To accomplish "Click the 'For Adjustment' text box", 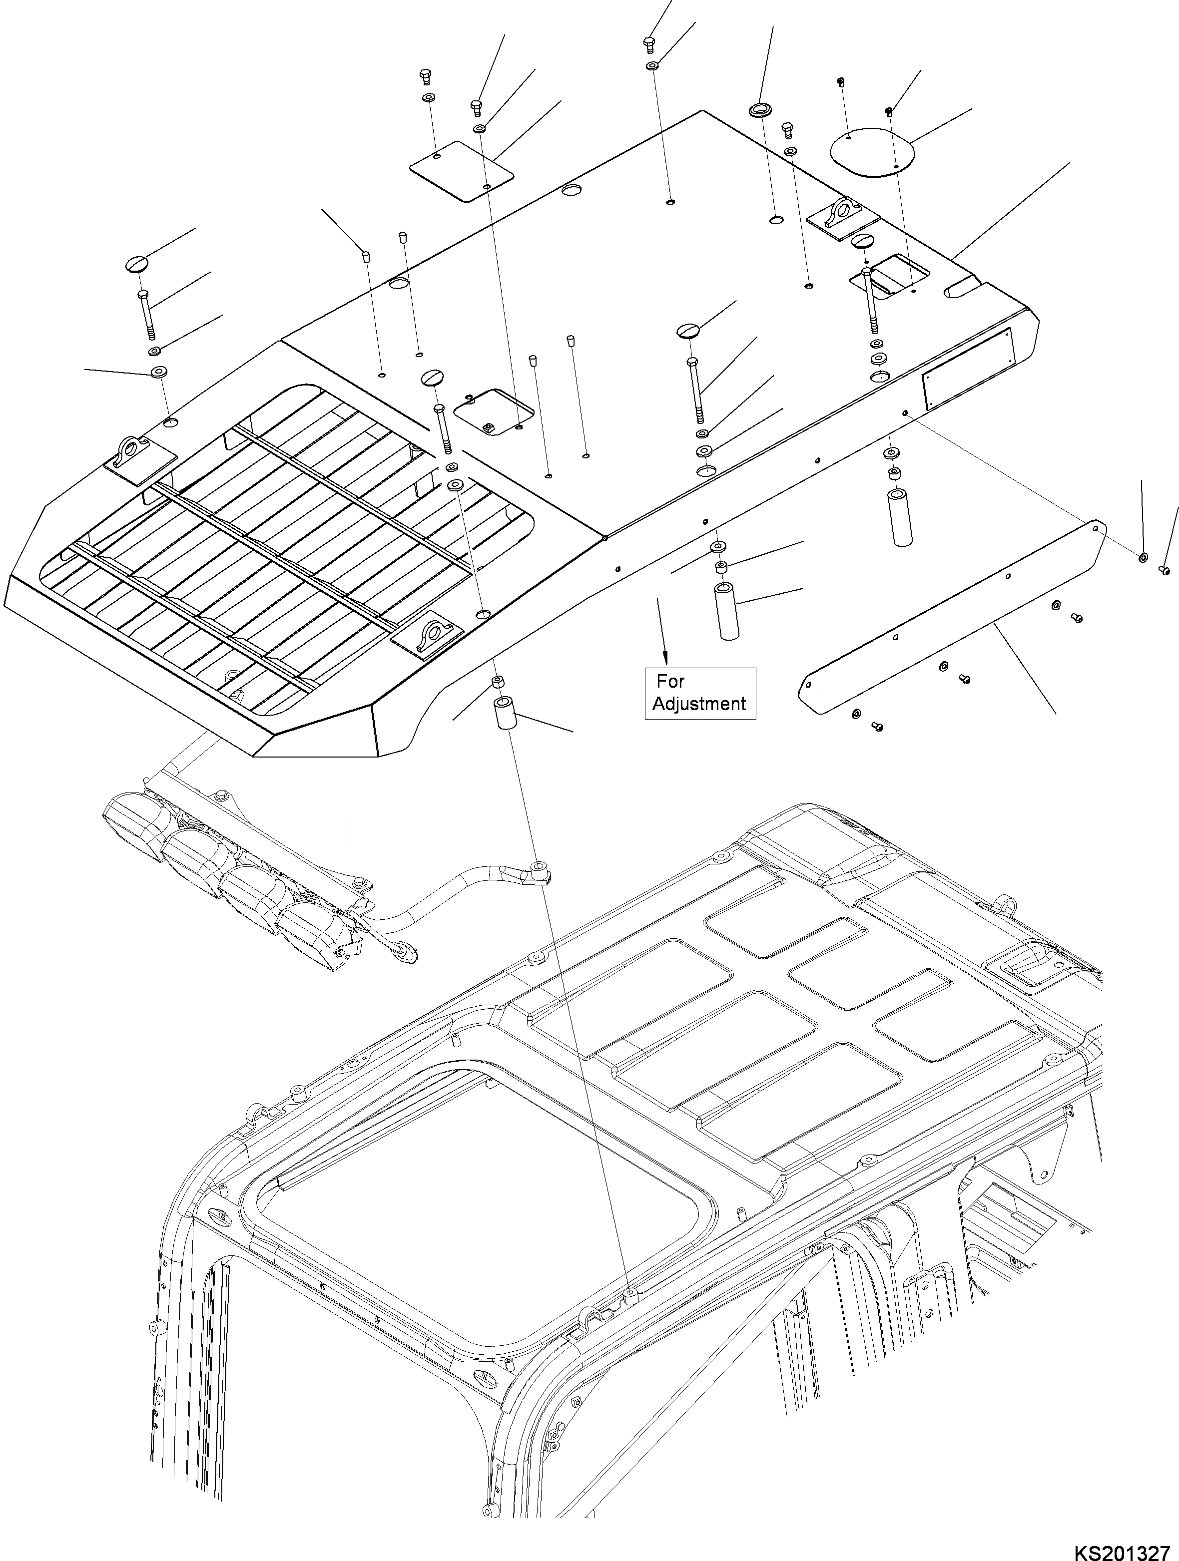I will pos(699,693).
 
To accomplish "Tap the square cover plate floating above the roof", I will pos(462,170).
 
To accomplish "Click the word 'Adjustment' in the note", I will pos(699,704).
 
